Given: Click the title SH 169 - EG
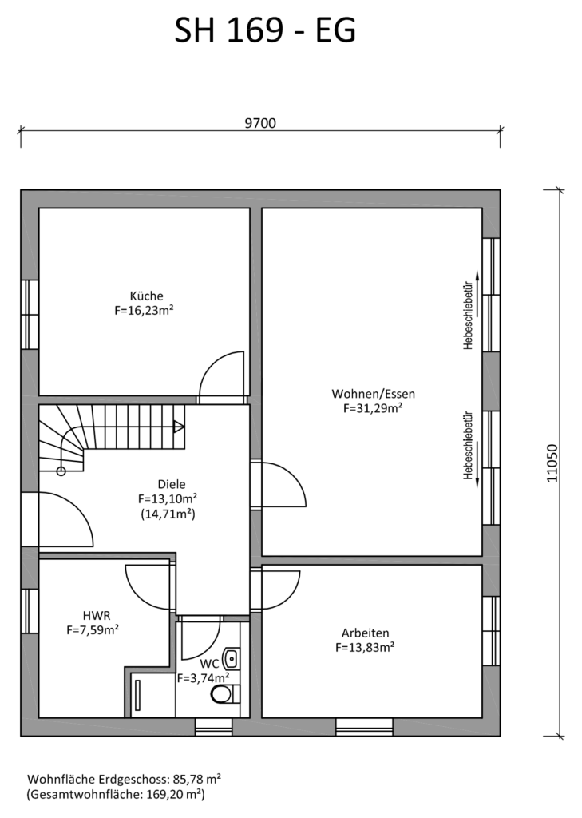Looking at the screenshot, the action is click(265, 30).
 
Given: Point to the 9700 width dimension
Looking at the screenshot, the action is click(260, 123).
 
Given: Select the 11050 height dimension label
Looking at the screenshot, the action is click(552, 463).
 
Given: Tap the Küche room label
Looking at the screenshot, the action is click(147, 296).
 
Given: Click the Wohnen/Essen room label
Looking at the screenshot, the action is click(374, 393).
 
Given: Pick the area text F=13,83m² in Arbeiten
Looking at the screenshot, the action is click(365, 647).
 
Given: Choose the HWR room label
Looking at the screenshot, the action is click(97, 616).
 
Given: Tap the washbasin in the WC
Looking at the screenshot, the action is click(231, 658).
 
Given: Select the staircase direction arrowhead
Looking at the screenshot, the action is click(179, 427).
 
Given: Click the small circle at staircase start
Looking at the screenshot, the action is click(61, 471).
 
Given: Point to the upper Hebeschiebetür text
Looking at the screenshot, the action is click(468, 315).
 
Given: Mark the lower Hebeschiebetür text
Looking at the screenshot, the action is click(468, 445).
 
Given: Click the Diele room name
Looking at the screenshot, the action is click(172, 484).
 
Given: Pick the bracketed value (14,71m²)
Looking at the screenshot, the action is click(168, 514).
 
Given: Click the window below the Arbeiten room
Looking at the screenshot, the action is click(364, 727).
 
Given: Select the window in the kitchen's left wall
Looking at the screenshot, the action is click(30, 315).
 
